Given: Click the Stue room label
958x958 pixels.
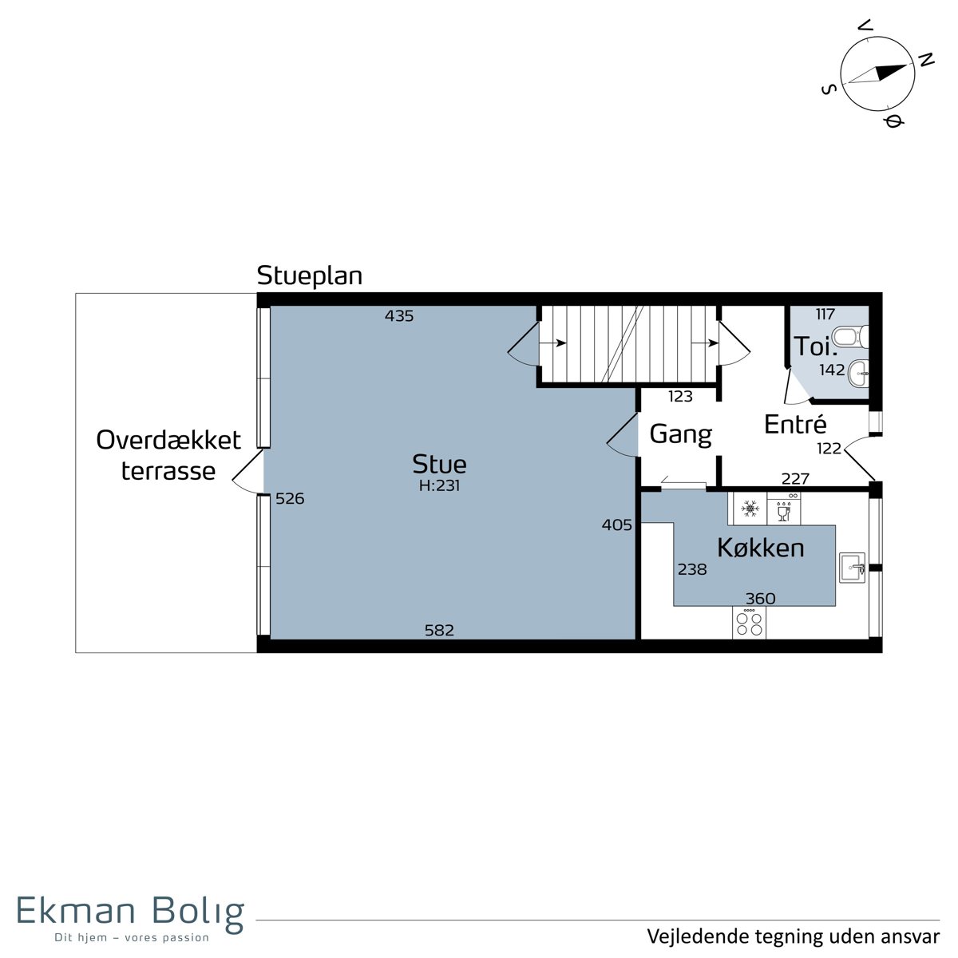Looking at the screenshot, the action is coord(439,465).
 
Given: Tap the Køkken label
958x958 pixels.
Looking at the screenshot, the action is coord(760,548).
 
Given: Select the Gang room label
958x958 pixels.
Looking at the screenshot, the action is coord(680,435).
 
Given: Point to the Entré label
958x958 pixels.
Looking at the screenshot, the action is coord(795,424).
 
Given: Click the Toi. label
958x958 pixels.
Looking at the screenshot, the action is coord(815,346).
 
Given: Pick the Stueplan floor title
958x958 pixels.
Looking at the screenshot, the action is coord(309,276).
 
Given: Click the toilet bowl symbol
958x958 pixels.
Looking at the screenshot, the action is coord(850,337).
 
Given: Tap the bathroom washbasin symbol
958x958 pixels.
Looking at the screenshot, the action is coord(858,373).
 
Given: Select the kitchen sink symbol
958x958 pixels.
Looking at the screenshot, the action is coord(853,568).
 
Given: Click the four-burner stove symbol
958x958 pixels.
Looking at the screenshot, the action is coord(749,623).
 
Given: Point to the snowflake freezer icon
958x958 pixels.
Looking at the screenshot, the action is coord(749,509).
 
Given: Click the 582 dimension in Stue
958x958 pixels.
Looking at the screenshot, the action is coord(439,631).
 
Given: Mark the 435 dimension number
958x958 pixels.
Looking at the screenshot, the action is coord(398,315).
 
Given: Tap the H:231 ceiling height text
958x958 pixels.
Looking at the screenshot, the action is coord(439,485).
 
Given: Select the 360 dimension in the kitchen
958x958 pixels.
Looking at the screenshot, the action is coord(760,599).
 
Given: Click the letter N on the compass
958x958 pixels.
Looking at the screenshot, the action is coord(925,60).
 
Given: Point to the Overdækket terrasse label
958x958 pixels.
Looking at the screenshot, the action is coord(168,455).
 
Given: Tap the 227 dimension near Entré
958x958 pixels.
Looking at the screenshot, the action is coord(795,479).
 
